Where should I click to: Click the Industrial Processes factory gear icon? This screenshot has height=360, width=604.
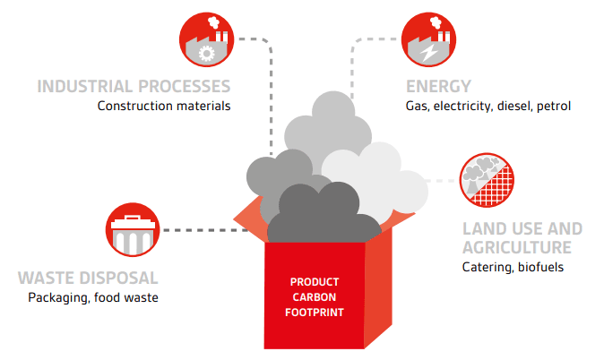(206, 39)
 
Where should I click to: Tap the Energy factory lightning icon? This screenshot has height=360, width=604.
(428, 39)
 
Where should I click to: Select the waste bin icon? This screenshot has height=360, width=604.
(133, 229)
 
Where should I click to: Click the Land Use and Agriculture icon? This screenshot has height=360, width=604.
(487, 180)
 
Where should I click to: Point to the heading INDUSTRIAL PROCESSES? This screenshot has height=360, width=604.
(134, 86)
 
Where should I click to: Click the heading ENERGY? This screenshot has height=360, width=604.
(438, 86)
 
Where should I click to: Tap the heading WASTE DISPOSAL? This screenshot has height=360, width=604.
(88, 278)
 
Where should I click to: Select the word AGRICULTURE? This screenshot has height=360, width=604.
(517, 247)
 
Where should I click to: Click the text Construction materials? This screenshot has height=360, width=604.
(164, 106)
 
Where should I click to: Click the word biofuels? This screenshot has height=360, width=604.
(541, 267)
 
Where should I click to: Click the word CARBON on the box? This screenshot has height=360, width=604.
(315, 297)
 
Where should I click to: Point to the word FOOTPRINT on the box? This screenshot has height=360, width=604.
(315, 313)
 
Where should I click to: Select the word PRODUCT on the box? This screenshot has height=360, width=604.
(315, 282)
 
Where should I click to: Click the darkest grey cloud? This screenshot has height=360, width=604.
(324, 216)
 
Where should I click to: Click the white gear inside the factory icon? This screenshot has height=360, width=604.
(206, 54)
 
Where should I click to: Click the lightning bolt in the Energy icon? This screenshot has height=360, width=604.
(428, 53)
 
